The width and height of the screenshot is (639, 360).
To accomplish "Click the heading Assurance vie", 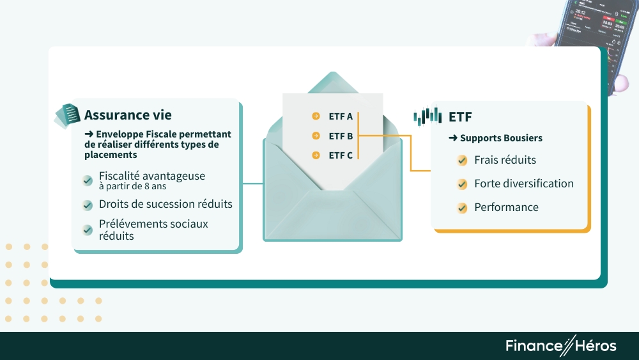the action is click(x=128, y=115).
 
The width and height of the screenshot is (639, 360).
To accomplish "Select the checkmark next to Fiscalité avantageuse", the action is click(x=88, y=180).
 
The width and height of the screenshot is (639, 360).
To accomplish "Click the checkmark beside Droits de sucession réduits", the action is click(x=88, y=205).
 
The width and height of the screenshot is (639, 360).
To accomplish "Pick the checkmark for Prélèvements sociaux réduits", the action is click(x=88, y=230).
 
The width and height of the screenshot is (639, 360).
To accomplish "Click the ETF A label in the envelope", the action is click(x=341, y=116).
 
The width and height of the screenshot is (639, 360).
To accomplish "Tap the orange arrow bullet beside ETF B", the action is click(x=316, y=136).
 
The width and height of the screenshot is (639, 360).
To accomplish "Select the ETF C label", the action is click(x=341, y=155).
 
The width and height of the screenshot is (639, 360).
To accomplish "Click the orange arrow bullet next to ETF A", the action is click(x=316, y=116).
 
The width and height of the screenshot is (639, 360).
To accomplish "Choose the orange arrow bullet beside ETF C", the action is click(x=316, y=155).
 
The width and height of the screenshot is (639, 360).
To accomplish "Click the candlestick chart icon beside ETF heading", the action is click(x=427, y=116).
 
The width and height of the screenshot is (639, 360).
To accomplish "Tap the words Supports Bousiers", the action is click(x=501, y=138).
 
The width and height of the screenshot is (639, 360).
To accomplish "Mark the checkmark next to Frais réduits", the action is click(x=462, y=160).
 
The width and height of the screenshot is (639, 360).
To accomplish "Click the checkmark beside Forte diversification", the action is click(x=462, y=184).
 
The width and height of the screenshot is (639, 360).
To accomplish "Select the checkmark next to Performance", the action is click(x=462, y=208).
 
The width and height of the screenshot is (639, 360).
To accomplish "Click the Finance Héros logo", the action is click(x=561, y=346).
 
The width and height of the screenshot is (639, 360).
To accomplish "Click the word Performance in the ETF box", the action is click(x=506, y=207).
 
